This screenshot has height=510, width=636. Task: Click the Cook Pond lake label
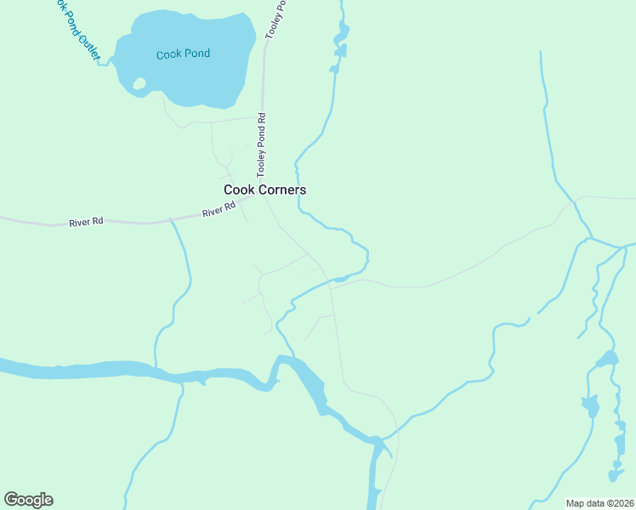[x=183, y=54]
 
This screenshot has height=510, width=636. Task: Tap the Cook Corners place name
[x=264, y=190]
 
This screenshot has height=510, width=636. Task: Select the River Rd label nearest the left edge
[x=86, y=222]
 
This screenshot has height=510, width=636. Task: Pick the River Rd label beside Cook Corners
[x=219, y=210]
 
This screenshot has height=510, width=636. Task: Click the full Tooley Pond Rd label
[x=262, y=145]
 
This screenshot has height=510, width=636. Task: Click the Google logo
[x=28, y=500]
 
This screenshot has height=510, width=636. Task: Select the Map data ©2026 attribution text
[x=599, y=502]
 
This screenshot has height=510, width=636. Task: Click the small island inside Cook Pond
[x=139, y=83]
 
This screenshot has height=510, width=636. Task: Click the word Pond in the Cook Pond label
[x=196, y=54]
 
